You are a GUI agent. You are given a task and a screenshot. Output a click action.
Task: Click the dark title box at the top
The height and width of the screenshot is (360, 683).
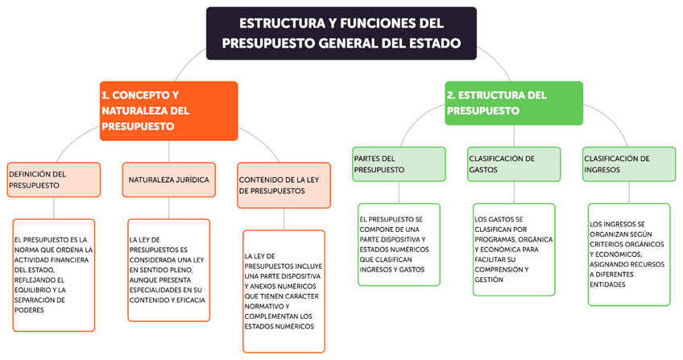pyautogui.click(x=341, y=33)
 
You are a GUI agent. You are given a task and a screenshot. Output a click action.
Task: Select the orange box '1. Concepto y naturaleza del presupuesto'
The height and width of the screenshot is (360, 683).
pyautogui.click(x=169, y=110)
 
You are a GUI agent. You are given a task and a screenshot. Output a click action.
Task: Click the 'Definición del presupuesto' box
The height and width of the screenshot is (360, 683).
pyautogui.click(x=54, y=180)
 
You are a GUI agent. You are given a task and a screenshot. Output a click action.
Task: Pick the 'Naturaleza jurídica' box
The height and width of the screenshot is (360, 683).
pyautogui.click(x=169, y=180)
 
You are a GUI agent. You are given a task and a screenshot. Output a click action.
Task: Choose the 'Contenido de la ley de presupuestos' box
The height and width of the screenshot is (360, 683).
pyautogui.click(x=284, y=185)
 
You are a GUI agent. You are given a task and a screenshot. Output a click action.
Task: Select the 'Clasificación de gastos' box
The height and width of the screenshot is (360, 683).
pyautogui.click(x=514, y=164)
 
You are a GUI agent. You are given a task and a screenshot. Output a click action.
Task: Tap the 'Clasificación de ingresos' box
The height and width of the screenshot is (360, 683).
pyautogui.click(x=628, y=164)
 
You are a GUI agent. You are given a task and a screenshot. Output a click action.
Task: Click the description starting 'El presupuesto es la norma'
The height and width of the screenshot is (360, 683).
pyautogui.click(x=54, y=275)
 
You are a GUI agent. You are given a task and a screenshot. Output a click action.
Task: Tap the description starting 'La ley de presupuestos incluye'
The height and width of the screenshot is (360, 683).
pyautogui.click(x=284, y=291)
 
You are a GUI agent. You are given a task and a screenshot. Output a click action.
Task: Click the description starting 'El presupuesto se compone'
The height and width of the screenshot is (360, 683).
pyautogui.click(x=399, y=244)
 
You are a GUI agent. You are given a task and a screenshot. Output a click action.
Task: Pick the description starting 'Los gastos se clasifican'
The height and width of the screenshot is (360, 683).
pyautogui.click(x=514, y=249)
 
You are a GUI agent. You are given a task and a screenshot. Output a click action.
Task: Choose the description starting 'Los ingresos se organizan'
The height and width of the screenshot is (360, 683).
pyautogui.click(x=628, y=254)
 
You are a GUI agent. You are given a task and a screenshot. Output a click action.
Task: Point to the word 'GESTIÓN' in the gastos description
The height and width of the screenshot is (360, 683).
pyautogui.click(x=490, y=279)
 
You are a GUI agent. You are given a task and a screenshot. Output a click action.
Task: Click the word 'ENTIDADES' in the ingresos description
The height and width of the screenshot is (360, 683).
pyautogui.click(x=610, y=283)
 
